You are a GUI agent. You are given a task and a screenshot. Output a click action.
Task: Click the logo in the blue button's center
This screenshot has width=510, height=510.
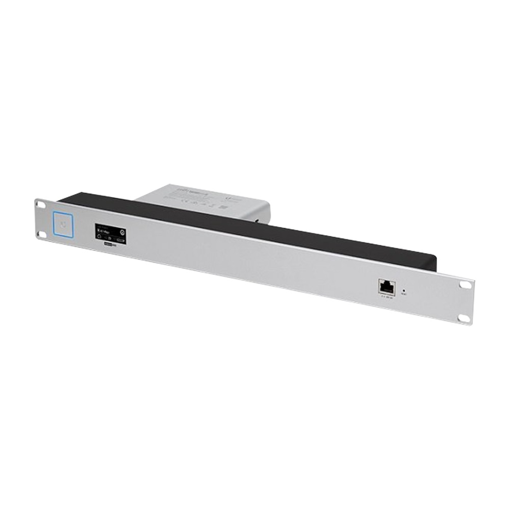click(64, 224)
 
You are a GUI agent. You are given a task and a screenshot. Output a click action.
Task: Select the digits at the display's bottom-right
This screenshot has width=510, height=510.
click(120, 240)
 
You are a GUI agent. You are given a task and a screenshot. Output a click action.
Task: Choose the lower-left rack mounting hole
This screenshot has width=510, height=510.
click(41, 234)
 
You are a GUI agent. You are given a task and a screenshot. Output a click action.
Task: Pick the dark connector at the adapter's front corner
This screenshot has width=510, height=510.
click(260, 219)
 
